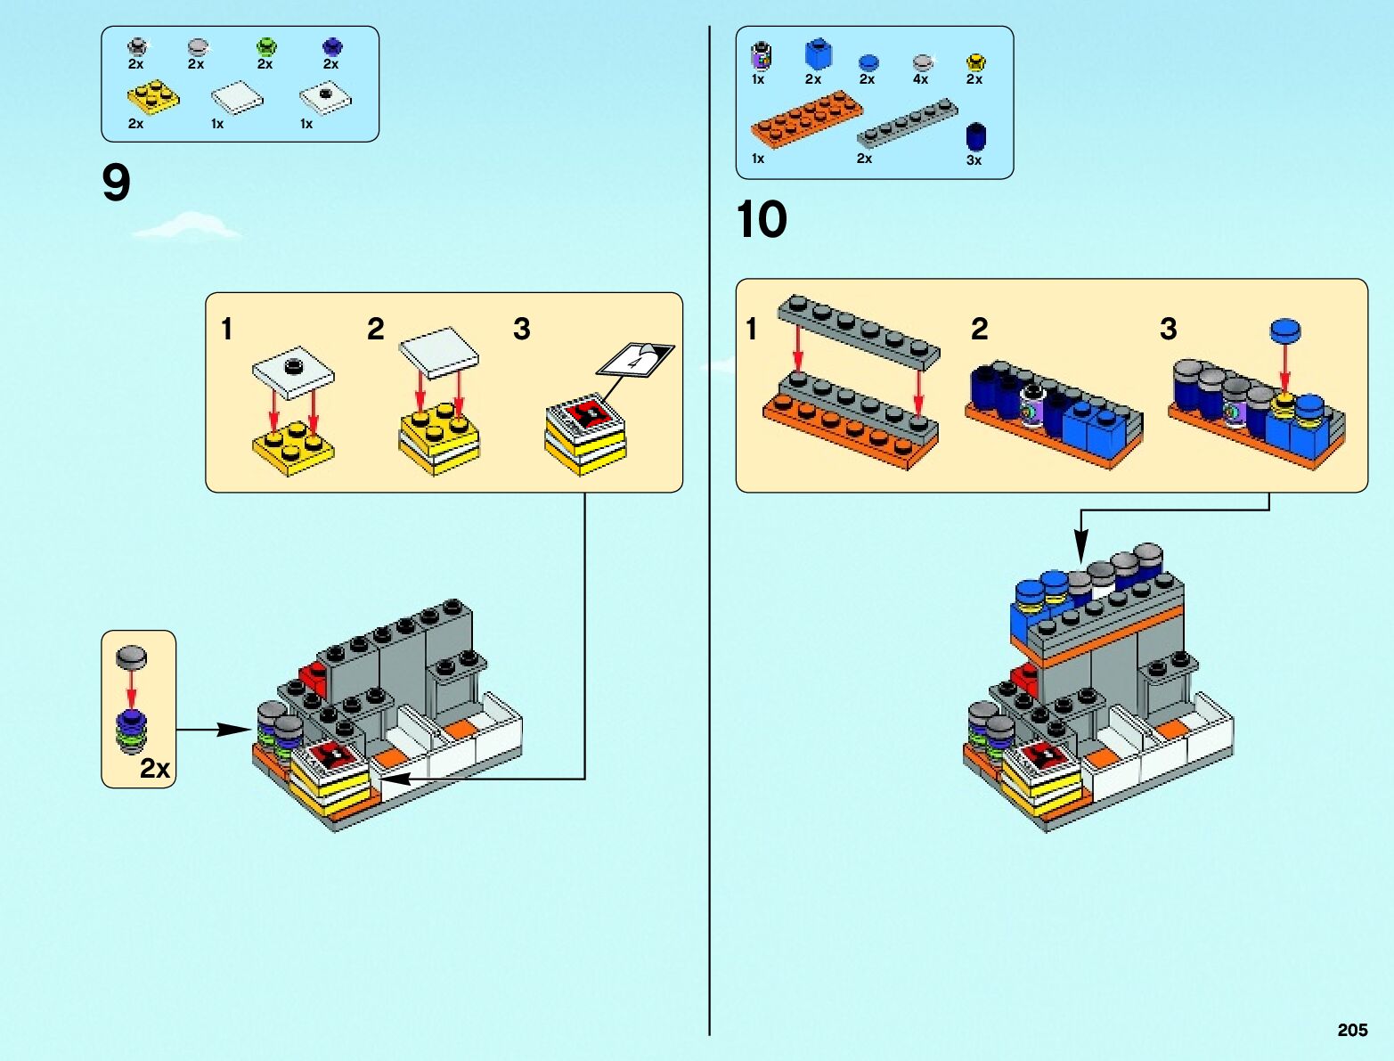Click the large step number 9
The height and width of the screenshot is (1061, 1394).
(x=117, y=184)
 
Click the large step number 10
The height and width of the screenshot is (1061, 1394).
(x=762, y=219)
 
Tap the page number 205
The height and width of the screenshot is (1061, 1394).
(x=1352, y=1030)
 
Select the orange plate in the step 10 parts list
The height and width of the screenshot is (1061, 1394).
(x=805, y=118)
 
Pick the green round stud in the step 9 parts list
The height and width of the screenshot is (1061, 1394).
(x=265, y=45)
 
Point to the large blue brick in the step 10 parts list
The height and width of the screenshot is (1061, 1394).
(x=817, y=53)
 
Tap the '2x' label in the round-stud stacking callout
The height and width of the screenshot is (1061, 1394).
(x=155, y=768)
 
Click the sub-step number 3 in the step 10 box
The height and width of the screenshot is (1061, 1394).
(x=1169, y=330)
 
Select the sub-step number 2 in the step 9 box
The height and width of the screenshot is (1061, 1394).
(x=376, y=330)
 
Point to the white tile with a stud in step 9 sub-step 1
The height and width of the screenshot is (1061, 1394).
(x=293, y=366)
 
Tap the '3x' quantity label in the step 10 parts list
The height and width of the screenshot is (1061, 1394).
(x=974, y=160)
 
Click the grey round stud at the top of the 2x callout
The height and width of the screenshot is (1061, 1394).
(x=132, y=657)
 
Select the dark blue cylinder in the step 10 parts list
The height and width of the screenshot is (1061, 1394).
(x=976, y=136)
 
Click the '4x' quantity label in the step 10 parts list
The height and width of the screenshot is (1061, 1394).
(x=920, y=79)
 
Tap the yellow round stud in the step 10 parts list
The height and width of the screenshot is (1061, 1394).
(x=975, y=61)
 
